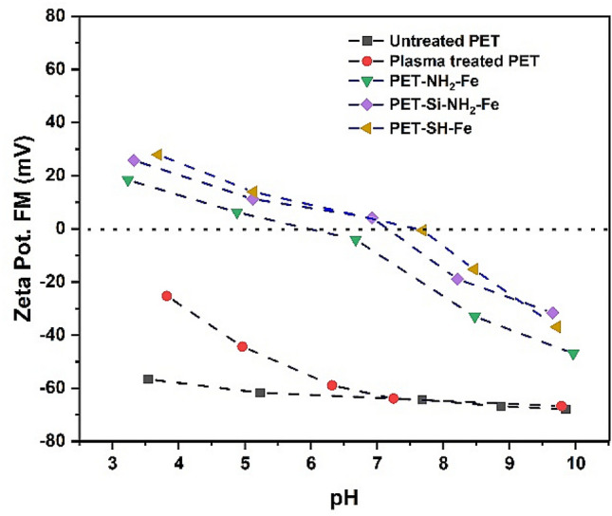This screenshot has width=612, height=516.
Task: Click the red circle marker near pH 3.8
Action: [167, 296]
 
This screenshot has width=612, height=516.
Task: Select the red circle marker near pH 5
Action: [242, 346]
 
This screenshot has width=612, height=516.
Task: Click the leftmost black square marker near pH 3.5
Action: [148, 378]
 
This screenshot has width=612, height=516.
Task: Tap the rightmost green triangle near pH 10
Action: [573, 354]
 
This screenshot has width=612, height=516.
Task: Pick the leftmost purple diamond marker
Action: [134, 160]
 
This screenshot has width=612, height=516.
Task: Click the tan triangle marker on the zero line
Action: [421, 230]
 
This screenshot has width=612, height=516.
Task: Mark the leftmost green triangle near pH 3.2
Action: [128, 180]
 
